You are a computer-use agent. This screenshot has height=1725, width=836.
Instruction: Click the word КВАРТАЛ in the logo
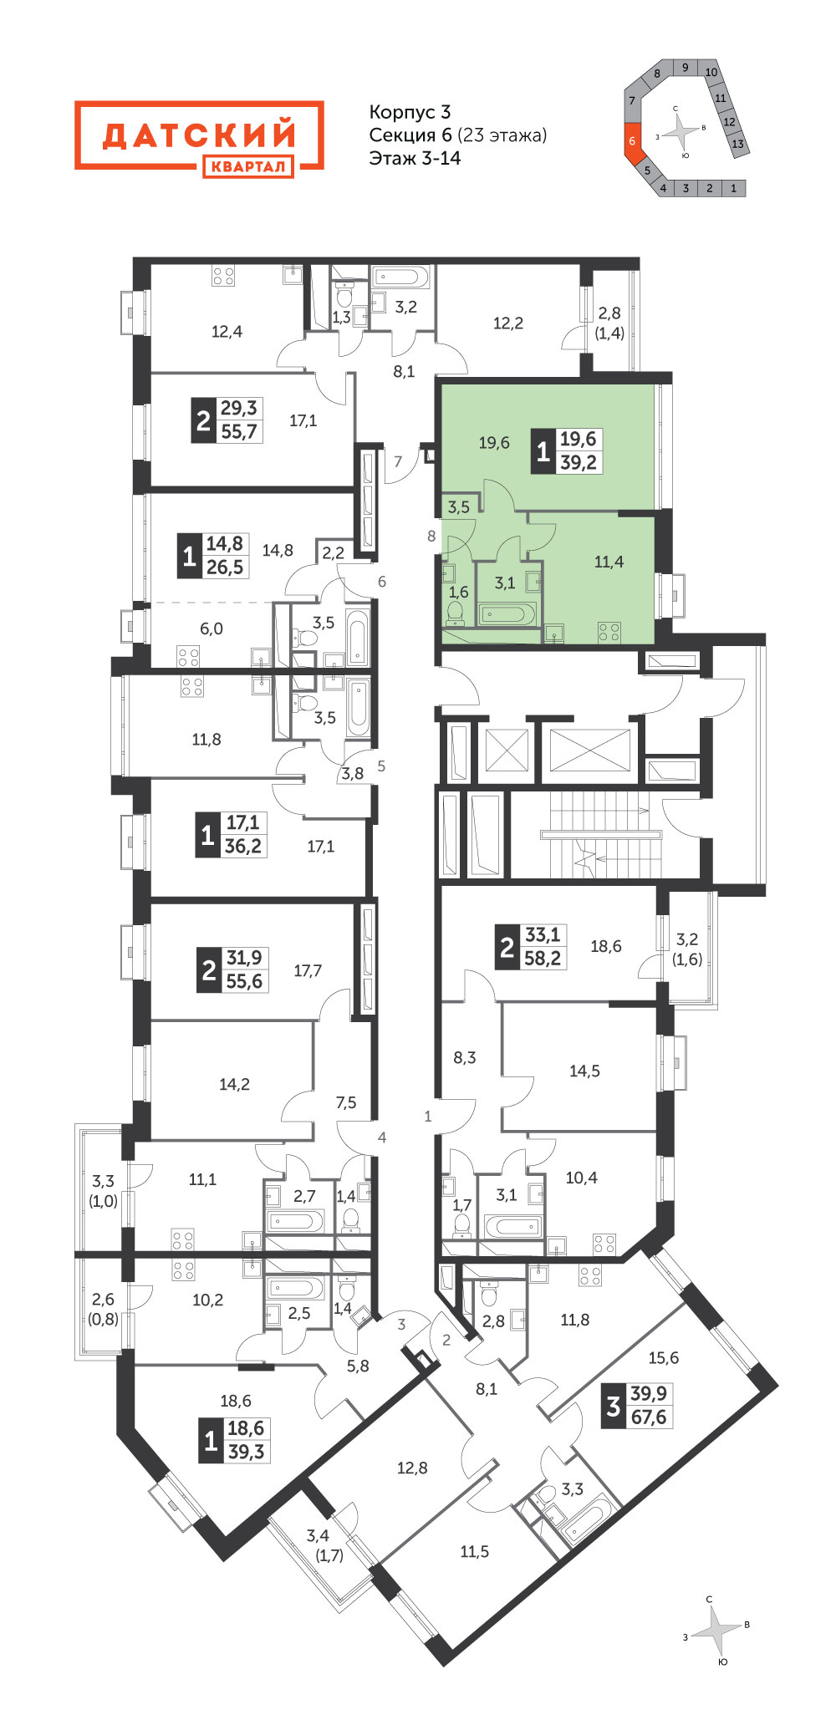click(247, 166)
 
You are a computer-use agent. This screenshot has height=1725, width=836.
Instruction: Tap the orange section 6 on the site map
click(633, 140)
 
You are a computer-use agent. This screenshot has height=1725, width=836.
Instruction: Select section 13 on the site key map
click(737, 144)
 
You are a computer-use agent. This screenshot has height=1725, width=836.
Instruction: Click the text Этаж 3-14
click(415, 158)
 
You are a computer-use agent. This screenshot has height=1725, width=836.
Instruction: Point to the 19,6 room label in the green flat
click(494, 443)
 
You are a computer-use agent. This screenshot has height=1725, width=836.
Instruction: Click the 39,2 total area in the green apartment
click(579, 462)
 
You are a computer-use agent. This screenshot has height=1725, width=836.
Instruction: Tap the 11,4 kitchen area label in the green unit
click(609, 562)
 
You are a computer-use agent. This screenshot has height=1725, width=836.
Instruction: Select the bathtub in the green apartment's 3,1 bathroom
click(507, 614)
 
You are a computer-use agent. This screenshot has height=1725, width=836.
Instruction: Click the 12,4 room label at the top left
click(227, 332)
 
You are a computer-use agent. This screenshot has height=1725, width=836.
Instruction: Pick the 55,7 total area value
click(239, 431)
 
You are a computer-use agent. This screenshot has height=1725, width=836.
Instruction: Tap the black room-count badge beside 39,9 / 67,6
click(614, 1406)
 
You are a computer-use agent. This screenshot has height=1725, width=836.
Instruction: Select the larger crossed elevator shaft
click(589, 750)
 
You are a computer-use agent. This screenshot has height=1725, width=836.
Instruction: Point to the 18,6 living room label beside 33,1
click(606, 946)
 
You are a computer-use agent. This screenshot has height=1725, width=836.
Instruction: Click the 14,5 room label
click(584, 1071)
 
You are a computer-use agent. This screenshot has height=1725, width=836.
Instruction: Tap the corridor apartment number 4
click(382, 1137)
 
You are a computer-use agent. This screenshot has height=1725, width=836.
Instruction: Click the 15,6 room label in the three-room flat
click(664, 1358)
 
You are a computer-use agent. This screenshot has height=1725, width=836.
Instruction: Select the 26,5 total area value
click(225, 567)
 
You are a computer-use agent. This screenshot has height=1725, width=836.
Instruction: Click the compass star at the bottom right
click(717, 1629)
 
